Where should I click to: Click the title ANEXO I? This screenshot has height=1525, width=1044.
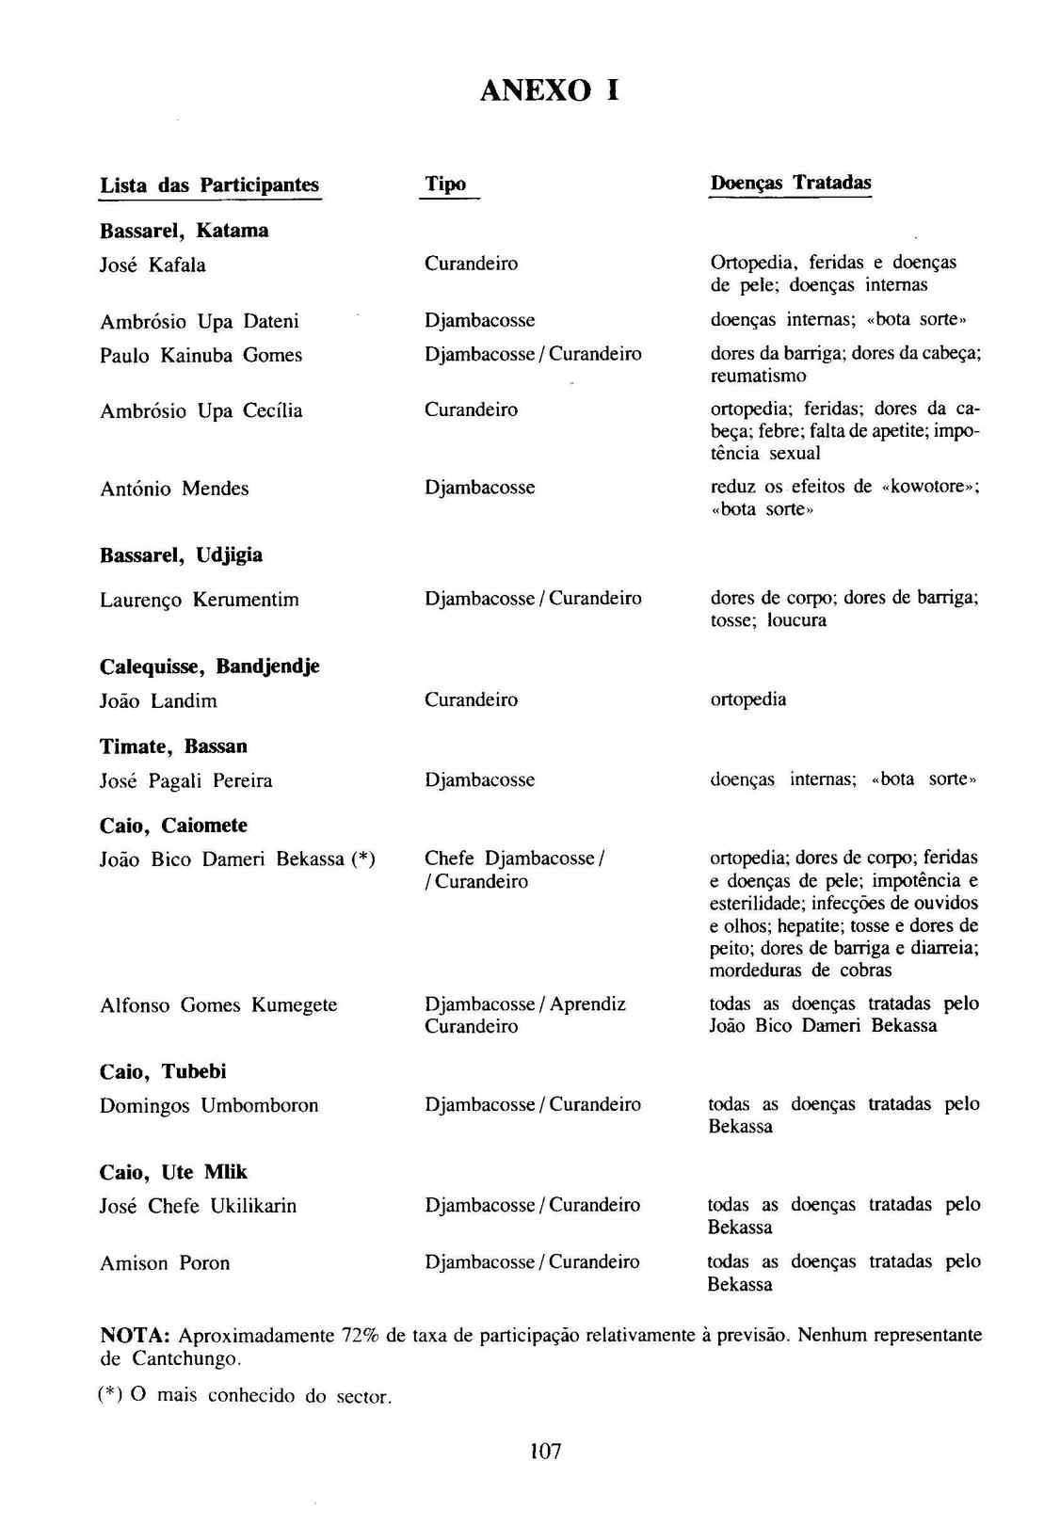[x=550, y=90]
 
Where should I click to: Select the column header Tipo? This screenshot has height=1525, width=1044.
[x=445, y=184]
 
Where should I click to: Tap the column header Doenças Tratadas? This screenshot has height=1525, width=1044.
[x=791, y=183]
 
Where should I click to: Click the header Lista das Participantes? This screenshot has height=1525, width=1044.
[x=210, y=185]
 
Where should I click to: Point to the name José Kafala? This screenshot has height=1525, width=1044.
[x=153, y=265]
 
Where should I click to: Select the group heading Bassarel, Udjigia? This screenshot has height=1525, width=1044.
[x=181, y=555]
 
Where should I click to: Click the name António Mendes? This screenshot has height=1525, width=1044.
[x=174, y=489]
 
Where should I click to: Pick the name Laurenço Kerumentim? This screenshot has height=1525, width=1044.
[x=199, y=600]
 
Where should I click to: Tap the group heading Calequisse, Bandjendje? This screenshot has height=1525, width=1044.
[x=209, y=666]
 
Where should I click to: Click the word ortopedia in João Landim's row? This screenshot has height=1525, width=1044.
[x=747, y=699]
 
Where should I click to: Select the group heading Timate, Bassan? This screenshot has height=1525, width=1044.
[x=173, y=746]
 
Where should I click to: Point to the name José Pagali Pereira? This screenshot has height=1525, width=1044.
[x=185, y=780]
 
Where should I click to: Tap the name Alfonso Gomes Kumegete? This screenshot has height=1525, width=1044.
[x=217, y=1005]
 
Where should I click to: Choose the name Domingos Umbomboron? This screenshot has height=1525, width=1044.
[x=209, y=1105]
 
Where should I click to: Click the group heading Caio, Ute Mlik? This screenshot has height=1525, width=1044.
[x=173, y=1172]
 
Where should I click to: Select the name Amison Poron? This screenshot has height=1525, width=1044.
[x=165, y=1263]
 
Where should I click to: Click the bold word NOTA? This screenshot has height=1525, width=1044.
[x=135, y=1336]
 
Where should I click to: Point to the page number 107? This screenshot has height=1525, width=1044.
[x=546, y=1451]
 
